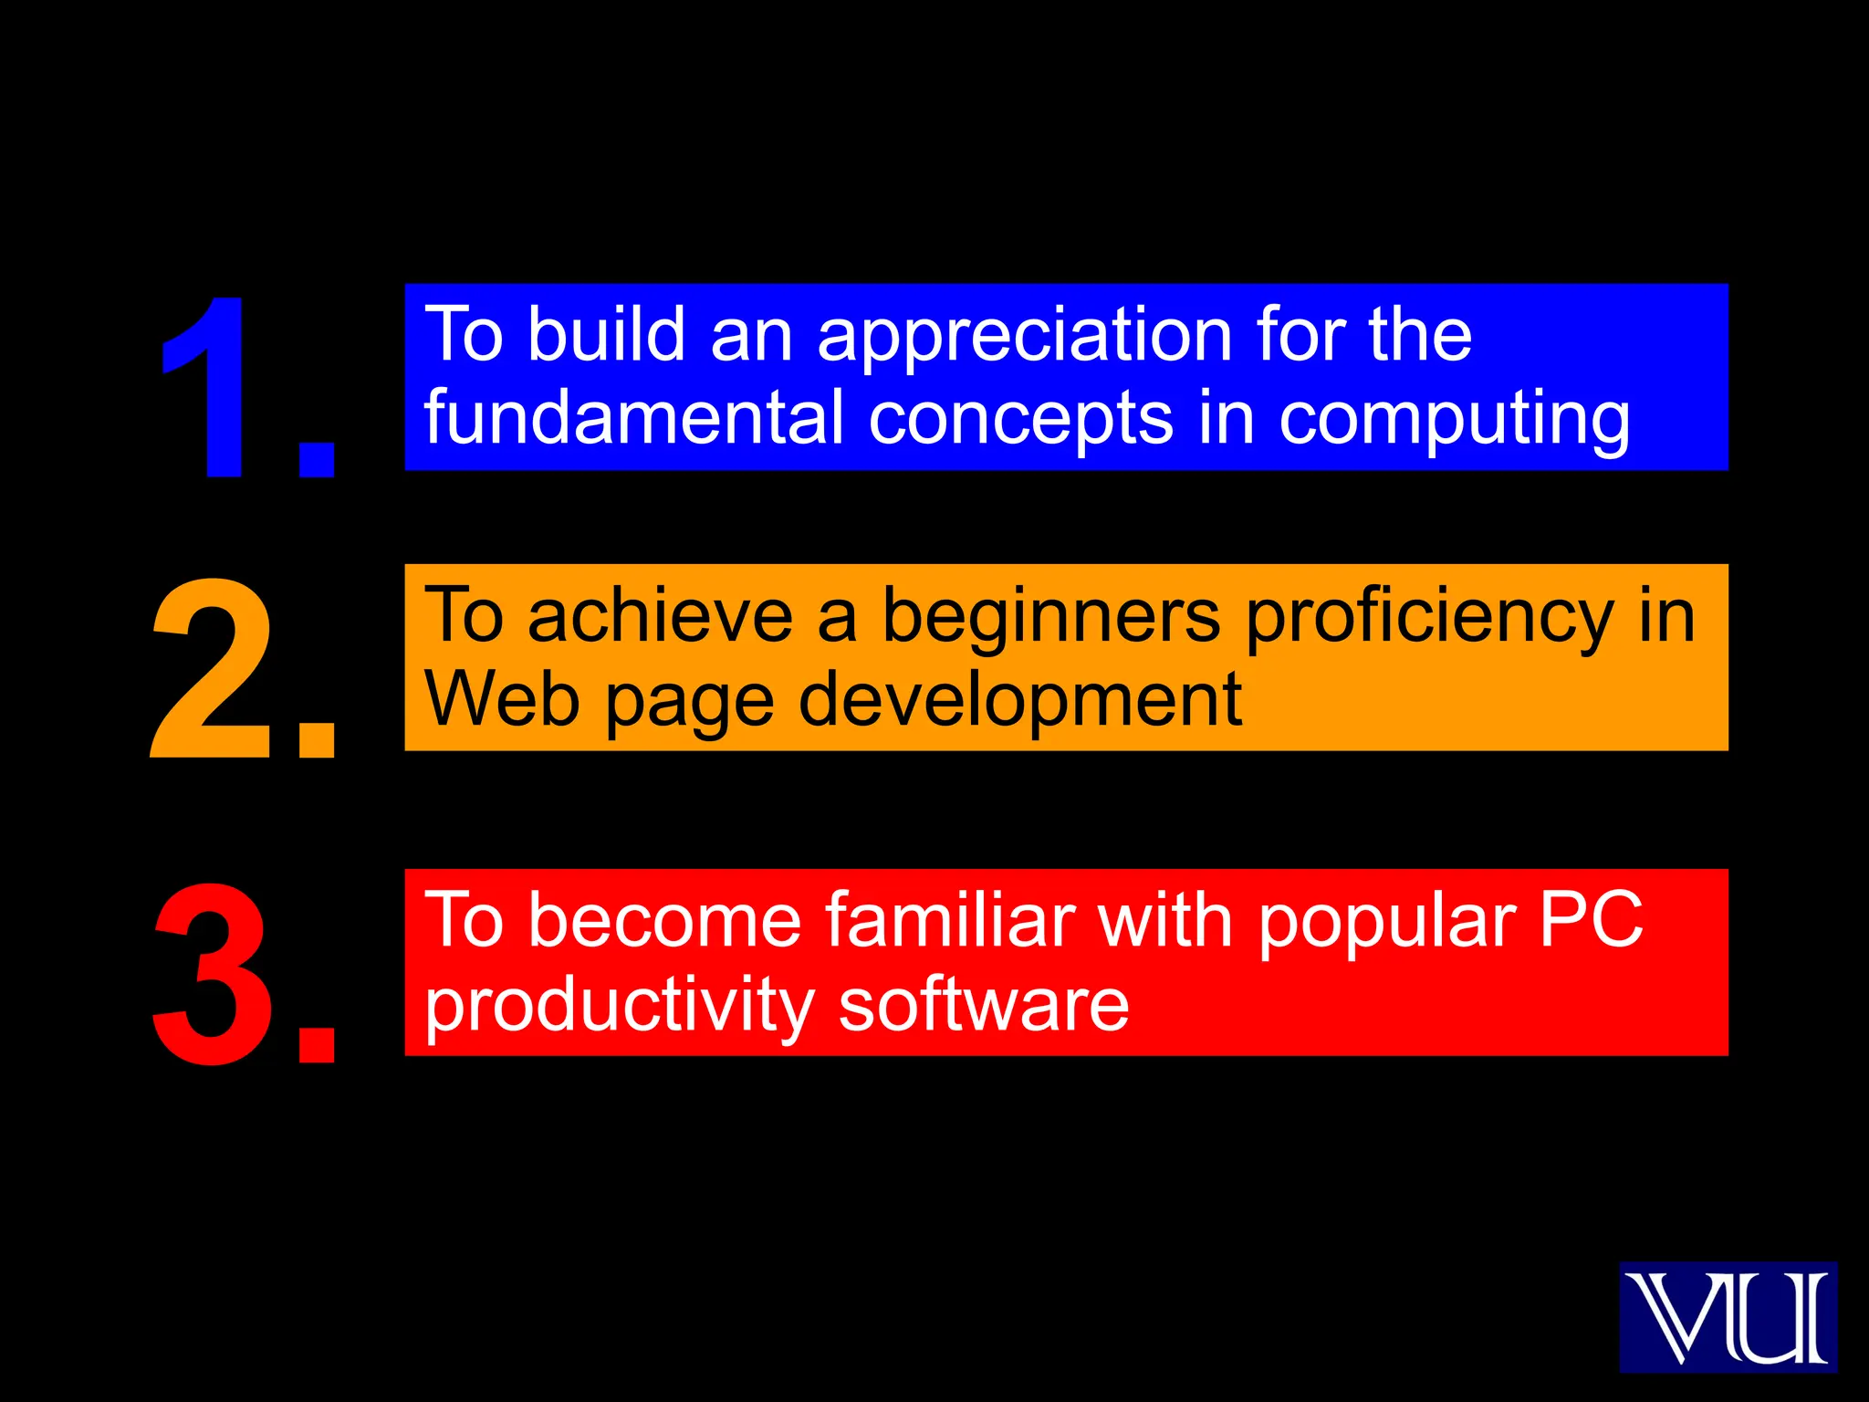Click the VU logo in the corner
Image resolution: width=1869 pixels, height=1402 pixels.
point(1728,1317)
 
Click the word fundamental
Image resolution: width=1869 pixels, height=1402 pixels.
point(634,417)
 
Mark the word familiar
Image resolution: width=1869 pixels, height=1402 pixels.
point(950,920)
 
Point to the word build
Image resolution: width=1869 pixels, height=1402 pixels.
point(606,334)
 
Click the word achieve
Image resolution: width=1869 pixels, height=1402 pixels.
point(660,616)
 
